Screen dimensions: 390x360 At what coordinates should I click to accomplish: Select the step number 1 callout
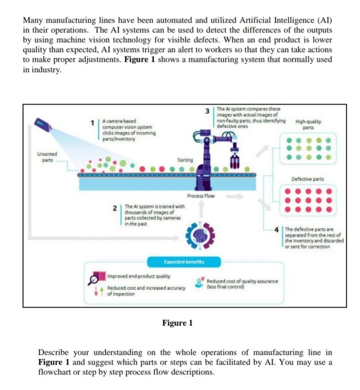[x=93, y=121]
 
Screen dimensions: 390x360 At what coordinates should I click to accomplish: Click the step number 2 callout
[x=115, y=208]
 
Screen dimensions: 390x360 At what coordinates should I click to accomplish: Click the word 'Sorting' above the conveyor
[x=185, y=159]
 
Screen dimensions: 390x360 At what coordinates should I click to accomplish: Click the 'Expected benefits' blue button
[x=180, y=262]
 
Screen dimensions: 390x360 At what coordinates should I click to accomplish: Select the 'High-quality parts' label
[x=307, y=124]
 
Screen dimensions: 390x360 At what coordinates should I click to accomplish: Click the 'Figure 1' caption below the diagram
[x=177, y=323]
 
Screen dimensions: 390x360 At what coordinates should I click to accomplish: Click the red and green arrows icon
[x=97, y=291]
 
